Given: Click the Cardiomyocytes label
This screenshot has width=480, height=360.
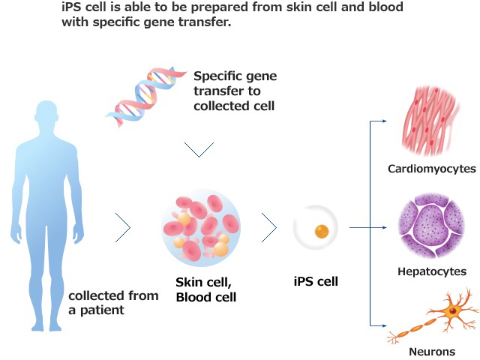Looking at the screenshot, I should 431,169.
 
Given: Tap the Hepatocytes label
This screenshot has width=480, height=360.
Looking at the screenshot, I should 431,271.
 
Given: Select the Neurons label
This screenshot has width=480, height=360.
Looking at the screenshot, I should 431,351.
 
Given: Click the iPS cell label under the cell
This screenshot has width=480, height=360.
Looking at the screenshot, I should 316,282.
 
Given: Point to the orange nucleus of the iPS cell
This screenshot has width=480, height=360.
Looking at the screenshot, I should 322,232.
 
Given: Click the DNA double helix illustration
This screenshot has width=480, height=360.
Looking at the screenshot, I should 146,94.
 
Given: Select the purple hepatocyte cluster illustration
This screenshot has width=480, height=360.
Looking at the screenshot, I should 431,224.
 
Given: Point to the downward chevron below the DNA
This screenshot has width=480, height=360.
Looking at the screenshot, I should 199,150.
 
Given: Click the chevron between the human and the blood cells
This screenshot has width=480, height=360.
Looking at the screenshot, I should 123,227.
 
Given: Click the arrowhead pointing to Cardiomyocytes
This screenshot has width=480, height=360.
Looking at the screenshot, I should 383,120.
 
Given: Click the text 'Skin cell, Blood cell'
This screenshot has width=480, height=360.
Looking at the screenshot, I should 206,289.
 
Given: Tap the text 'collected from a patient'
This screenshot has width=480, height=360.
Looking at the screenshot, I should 113,301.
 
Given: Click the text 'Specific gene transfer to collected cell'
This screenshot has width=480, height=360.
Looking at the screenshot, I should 234,91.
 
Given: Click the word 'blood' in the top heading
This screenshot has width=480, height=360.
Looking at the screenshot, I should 386,7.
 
